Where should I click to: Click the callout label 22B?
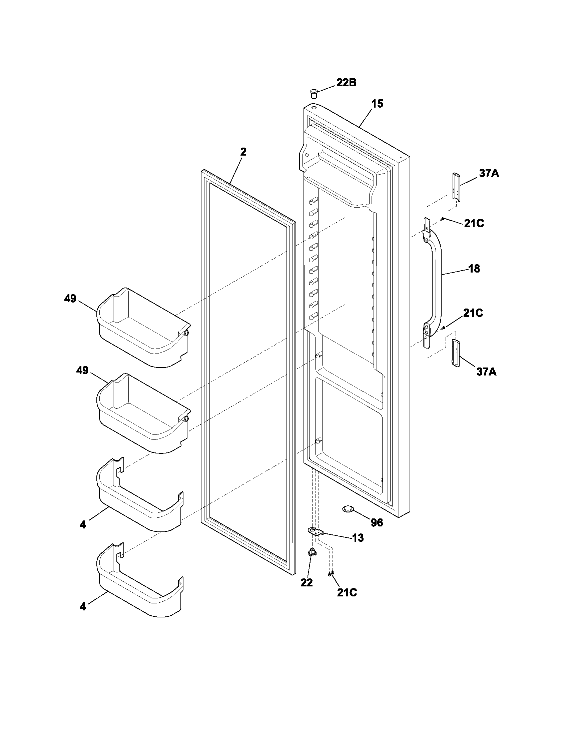(x=346, y=83)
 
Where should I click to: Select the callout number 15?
(x=377, y=104)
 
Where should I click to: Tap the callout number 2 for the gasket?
(x=243, y=152)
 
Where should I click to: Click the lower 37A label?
(x=486, y=371)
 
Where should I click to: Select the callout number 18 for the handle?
(x=474, y=269)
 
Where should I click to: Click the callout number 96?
(x=377, y=522)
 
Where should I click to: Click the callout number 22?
(x=306, y=583)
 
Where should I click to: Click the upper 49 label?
(x=70, y=299)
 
